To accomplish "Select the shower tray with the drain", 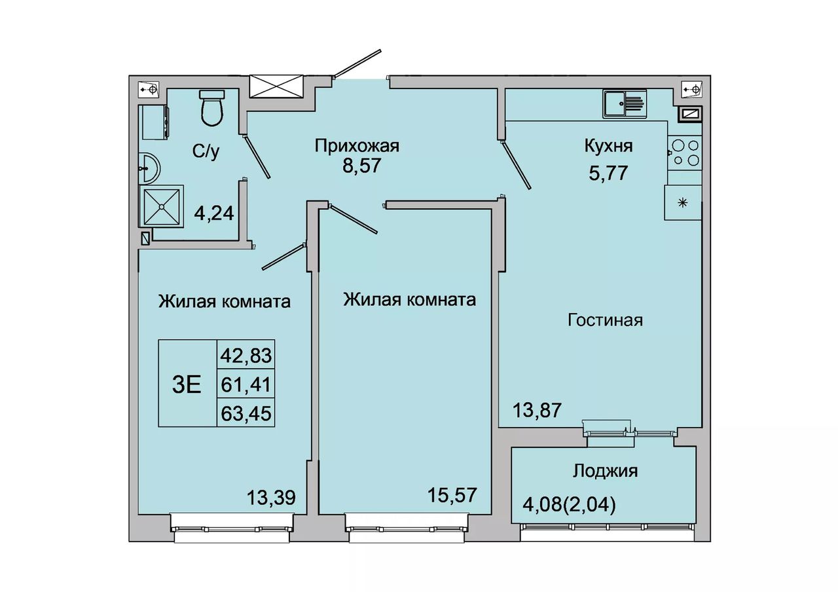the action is tap(161, 206).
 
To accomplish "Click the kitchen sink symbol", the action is tap(625, 103).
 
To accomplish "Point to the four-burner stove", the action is tap(685, 153).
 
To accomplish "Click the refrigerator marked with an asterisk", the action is tap(683, 203).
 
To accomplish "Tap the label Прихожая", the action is tap(357, 146).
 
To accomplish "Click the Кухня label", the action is tap(609, 146).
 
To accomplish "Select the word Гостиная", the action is tap(605, 320).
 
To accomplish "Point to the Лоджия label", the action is tap(605, 471).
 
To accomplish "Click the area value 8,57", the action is tap(361, 166).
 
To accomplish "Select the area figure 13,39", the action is tap(271, 497).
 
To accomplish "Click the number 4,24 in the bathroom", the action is tap(214, 213).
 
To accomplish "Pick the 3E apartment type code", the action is tap(187, 385).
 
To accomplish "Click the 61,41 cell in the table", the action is tap(246, 384).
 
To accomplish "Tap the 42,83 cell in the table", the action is tap(246, 355).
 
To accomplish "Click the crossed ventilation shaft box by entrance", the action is tap(276, 86).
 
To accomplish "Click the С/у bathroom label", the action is tap(206, 151).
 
